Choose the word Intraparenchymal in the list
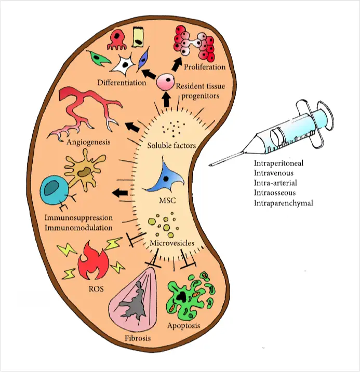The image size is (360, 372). pyautogui.click(x=283, y=203)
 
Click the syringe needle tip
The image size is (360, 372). pyautogui.click(x=210, y=165)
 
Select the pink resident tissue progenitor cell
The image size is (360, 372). pyautogui.click(x=165, y=81)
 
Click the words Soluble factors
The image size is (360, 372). pyautogui.click(x=171, y=146)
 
